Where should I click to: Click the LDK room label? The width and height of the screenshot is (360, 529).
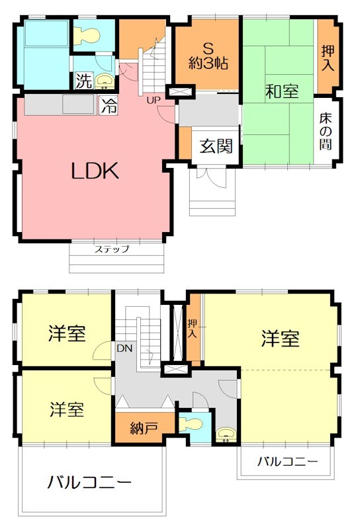tap(95, 171)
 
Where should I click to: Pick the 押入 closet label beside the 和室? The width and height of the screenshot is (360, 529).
tap(328, 58)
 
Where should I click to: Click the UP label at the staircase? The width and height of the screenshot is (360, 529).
tap(154, 100)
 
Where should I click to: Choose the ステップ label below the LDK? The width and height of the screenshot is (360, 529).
tap(111, 249)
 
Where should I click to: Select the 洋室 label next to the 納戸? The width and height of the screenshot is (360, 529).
tap(67, 409)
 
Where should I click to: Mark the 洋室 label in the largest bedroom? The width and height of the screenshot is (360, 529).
tap(280, 339)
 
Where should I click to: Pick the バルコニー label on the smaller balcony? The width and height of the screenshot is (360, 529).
tap(288, 461)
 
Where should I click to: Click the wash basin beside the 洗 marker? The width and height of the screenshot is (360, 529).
tap(105, 82)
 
